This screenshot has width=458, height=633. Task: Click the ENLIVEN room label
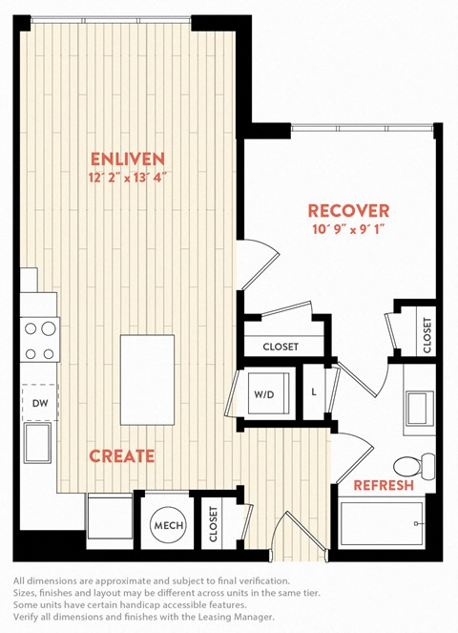click(128, 159)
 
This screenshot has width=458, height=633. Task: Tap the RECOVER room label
click(348, 211)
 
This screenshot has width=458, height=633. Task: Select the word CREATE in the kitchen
click(122, 455)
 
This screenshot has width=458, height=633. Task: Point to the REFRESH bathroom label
click(384, 485)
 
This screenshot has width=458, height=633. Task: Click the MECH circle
click(169, 525)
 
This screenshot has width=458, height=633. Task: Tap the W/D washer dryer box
click(268, 393)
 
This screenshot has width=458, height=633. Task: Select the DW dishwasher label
click(40, 403)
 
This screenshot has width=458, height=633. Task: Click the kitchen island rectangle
click(147, 379)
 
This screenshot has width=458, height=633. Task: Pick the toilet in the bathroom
click(413, 465)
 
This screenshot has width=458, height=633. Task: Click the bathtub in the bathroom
click(382, 523)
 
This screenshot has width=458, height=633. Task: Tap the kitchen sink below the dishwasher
click(37, 443)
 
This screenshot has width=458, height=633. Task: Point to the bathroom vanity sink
click(420, 408)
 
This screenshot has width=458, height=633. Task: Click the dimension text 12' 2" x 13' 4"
click(128, 178)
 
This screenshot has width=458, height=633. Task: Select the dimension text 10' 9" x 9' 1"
click(348, 229)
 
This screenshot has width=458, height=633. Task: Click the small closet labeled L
click(314, 392)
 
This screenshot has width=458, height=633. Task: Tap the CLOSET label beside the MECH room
click(213, 524)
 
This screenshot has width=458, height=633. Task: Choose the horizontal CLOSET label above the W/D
click(281, 347)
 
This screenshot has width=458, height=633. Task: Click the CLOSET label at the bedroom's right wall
click(427, 335)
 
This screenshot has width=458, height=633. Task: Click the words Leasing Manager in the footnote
click(235, 617)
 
